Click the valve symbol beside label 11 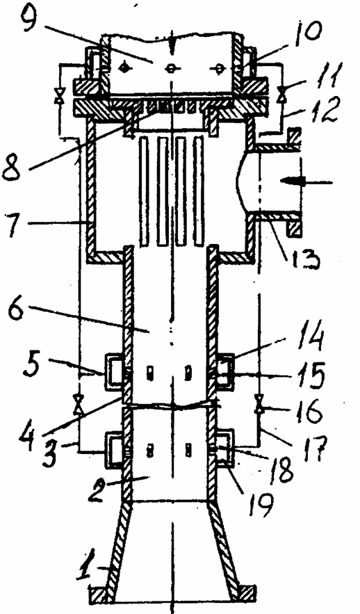point(281,95)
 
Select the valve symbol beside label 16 point(259,405)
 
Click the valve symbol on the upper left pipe point(60,95)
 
